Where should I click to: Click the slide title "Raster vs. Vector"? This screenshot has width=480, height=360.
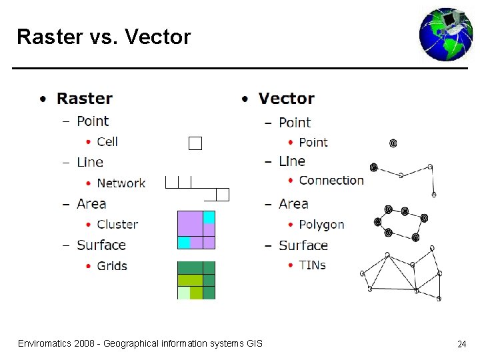[x=103, y=37]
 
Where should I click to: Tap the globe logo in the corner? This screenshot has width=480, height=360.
[x=445, y=35]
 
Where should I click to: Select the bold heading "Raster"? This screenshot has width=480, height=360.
[x=85, y=99]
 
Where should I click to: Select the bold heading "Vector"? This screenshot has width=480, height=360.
[x=287, y=99]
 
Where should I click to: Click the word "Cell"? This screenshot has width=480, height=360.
[x=107, y=141]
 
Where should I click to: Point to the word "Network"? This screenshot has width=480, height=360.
[x=121, y=183]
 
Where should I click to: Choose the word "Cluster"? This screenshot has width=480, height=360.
[x=117, y=224]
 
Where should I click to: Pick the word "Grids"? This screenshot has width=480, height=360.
[x=112, y=265]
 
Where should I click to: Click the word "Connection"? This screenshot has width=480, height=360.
[x=331, y=180]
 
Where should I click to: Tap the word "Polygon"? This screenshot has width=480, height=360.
[x=321, y=225]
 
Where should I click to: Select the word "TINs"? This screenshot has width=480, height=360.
[x=312, y=265]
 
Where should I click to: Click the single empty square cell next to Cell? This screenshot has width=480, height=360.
[x=195, y=143]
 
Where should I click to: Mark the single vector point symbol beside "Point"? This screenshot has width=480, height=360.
[x=393, y=143]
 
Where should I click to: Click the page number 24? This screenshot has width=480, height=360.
[x=461, y=344]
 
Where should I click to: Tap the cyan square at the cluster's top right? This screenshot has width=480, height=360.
[x=209, y=217]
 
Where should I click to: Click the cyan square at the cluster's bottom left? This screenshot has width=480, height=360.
[x=184, y=243]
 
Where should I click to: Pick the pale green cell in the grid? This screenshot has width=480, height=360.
[x=183, y=293]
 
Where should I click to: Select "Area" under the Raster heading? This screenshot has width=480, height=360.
[x=91, y=203]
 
